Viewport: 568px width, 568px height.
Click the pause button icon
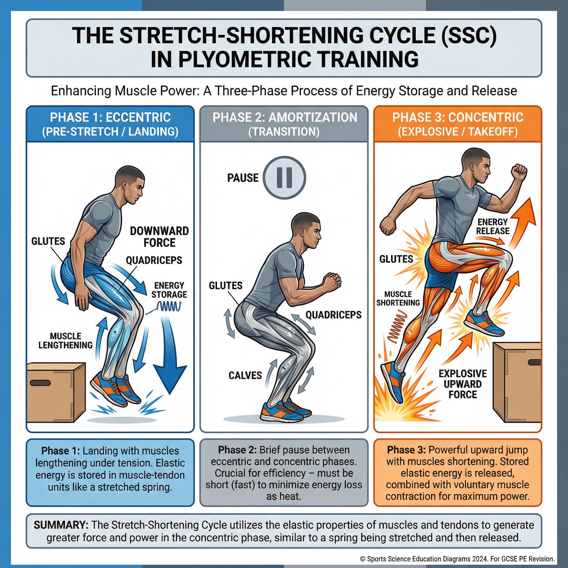284,177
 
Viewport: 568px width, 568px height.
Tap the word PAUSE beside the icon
243,178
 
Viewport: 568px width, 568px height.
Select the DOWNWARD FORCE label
159,237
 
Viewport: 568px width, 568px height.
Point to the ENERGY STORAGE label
169,290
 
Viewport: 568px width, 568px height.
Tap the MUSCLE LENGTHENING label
65,341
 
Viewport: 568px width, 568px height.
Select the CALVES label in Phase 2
245,376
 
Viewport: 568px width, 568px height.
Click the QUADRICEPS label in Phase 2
333,315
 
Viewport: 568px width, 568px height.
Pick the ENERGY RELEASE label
493,226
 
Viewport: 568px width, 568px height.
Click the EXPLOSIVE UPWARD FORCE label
463,384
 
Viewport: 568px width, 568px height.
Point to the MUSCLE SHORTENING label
398,298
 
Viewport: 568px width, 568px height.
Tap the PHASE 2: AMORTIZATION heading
285,117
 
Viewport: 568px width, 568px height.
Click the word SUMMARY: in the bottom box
61,525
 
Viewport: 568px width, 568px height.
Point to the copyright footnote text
457,559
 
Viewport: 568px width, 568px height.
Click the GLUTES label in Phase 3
396,259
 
